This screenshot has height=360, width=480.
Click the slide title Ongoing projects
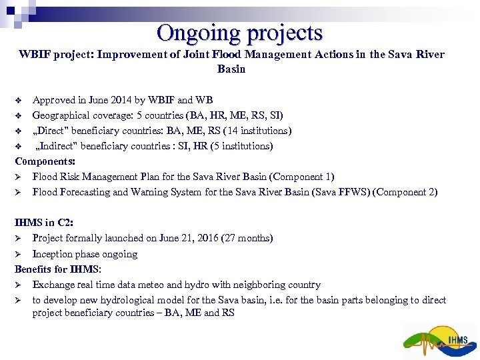point(240,33)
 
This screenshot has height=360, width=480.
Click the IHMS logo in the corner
point(440,341)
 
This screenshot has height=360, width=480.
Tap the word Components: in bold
point(45,161)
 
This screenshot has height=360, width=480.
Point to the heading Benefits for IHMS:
point(58,269)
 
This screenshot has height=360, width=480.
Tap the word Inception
point(53,254)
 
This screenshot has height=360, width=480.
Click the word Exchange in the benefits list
point(53,285)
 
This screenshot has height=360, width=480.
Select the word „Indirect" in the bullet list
point(58,146)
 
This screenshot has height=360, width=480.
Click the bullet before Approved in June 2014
point(19,101)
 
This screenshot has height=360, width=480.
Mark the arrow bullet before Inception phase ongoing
point(19,254)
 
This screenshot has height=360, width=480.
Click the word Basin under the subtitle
point(231,69)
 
